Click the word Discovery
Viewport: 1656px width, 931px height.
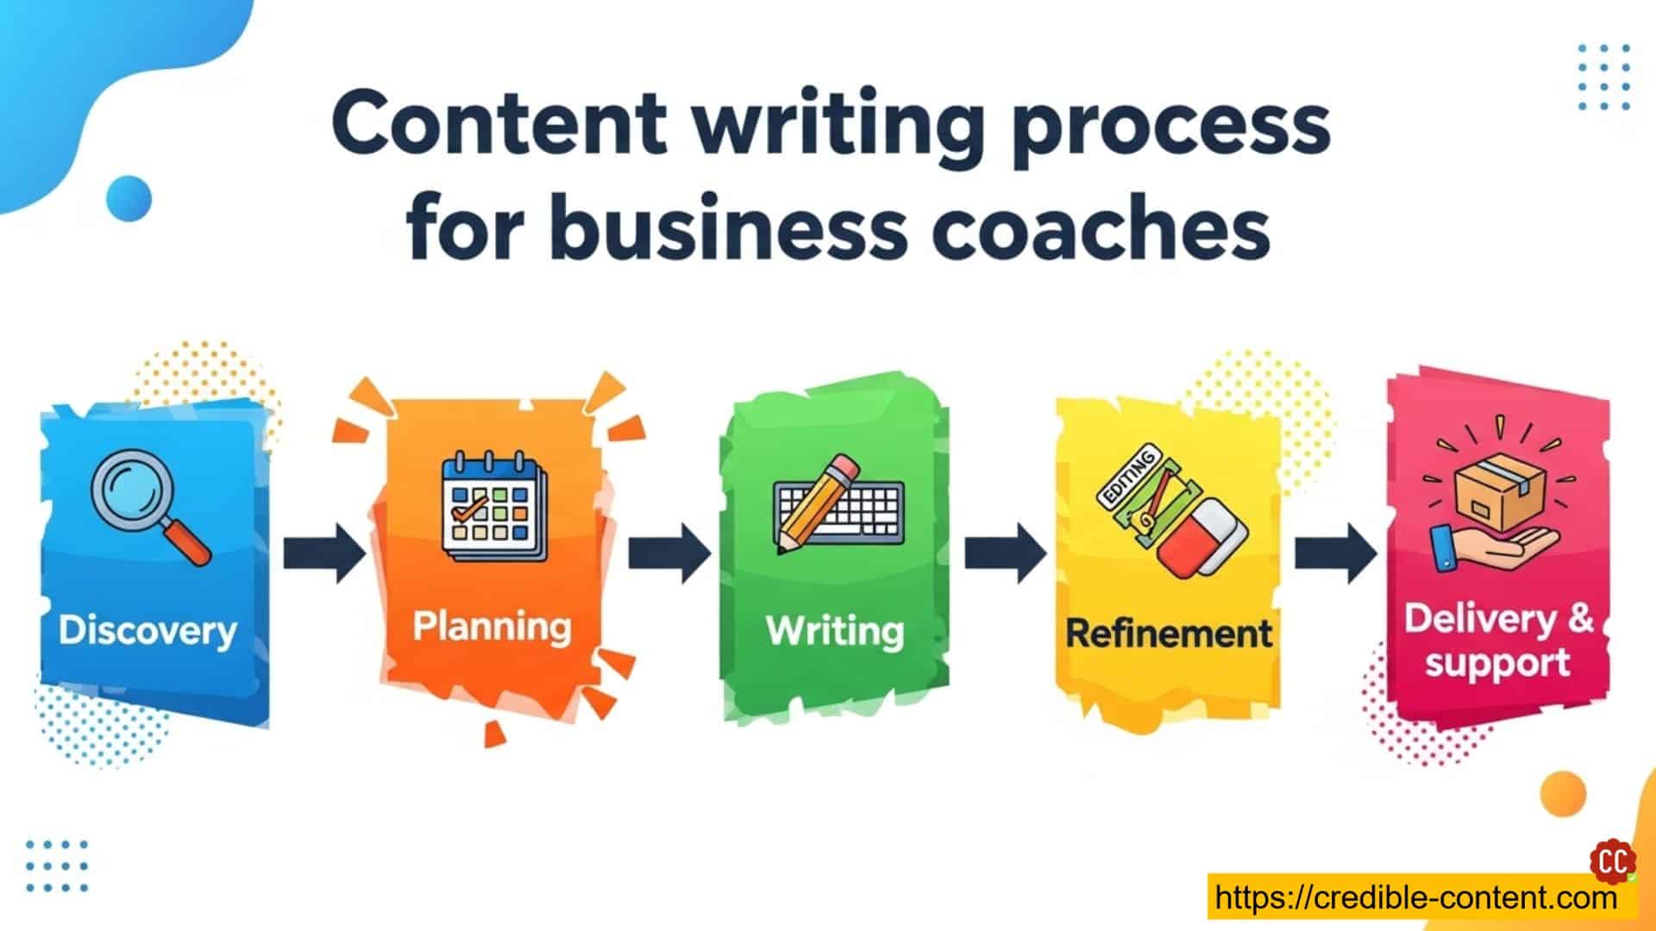[147, 632]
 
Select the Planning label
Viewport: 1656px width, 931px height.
[492, 628]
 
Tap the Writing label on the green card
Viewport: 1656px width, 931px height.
[835, 631]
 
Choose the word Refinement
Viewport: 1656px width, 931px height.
[1169, 634]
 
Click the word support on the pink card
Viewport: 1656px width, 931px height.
[1497, 664]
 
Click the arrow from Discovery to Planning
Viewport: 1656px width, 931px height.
[324, 553]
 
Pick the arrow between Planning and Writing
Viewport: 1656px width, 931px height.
[669, 553]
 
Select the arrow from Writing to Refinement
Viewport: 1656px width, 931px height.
[1005, 553]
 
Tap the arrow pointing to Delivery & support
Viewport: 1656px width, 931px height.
[1336, 553]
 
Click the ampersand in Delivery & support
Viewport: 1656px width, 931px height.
[1580, 619]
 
